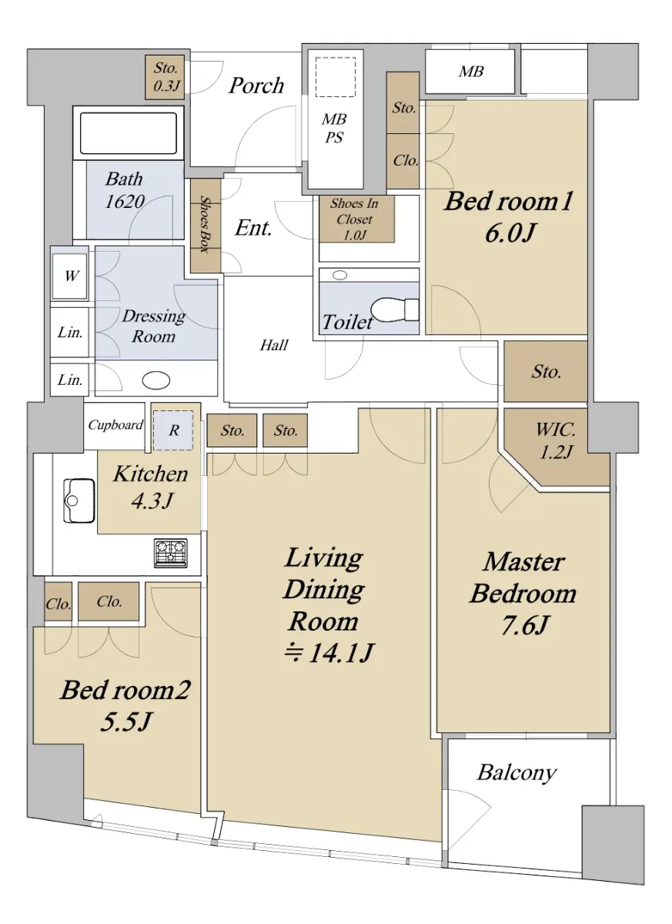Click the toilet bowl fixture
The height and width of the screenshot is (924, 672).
click(x=394, y=309)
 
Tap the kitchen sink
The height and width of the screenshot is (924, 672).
click(x=79, y=500)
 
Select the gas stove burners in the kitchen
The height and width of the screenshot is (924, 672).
click(x=171, y=552)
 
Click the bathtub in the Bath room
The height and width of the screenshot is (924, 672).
click(x=129, y=133)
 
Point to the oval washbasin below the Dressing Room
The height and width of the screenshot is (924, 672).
click(x=156, y=380)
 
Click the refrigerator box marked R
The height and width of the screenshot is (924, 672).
click(x=173, y=430)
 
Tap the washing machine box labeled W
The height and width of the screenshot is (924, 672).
click(x=70, y=276)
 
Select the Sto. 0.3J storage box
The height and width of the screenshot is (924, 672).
click(x=165, y=77)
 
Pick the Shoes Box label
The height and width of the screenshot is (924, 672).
click(x=206, y=223)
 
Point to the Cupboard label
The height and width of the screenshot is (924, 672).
click(x=115, y=424)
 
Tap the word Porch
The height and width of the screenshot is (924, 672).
click(x=256, y=86)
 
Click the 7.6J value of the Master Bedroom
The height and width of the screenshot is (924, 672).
click(x=523, y=626)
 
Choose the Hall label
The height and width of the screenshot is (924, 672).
click(x=274, y=345)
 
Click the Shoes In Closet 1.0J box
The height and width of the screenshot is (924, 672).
click(x=356, y=219)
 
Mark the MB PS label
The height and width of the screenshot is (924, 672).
click(x=334, y=129)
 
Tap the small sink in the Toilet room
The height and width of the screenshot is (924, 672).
click(x=339, y=275)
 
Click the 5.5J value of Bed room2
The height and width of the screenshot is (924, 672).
click(x=125, y=722)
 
